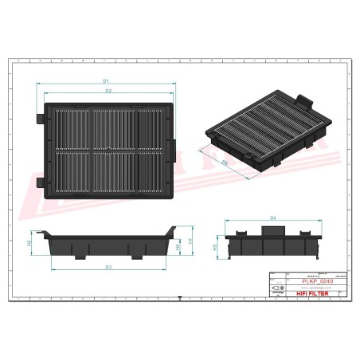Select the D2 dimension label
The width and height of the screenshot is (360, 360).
[106, 92]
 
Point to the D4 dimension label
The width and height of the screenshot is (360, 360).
[272, 217]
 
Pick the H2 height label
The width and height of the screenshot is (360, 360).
[29, 241]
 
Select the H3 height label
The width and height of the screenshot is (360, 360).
[216, 247]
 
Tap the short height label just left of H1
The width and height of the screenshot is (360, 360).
[177, 248]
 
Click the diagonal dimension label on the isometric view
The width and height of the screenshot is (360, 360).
[224, 162]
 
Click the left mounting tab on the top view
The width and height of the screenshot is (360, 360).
[41, 117]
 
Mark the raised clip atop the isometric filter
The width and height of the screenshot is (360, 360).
[302, 100]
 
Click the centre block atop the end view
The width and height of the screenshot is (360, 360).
[272, 229]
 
